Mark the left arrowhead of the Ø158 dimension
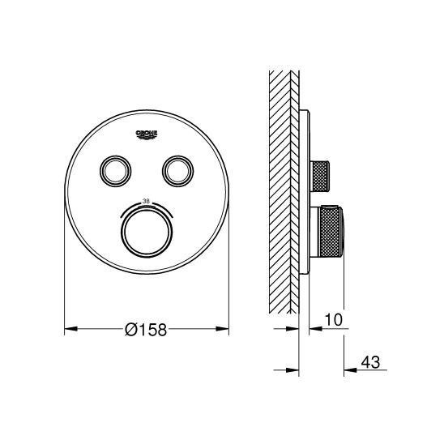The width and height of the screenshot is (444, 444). click(x=70, y=330)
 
